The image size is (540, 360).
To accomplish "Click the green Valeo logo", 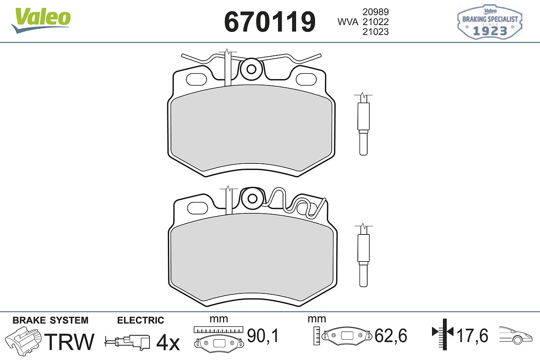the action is [x=41, y=20].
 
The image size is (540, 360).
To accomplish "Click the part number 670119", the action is [x=270, y=22].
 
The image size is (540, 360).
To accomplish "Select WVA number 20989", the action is [x=376, y=12].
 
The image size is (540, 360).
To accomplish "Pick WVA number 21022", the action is [x=376, y=22].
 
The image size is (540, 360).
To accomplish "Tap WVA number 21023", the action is [x=376, y=32].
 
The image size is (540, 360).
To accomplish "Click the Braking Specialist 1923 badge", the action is [x=490, y=22].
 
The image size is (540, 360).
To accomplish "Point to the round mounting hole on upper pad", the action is [x=252, y=69].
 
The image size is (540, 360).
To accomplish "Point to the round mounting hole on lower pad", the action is [x=252, y=199].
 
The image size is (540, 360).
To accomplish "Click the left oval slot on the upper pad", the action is [x=197, y=79].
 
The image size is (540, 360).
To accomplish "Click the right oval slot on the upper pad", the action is [x=306, y=79].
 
